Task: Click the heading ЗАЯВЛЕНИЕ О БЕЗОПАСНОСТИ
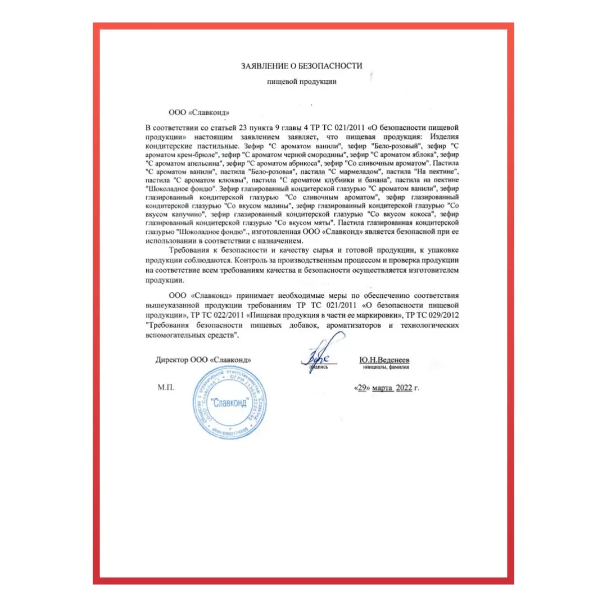click(x=302, y=66)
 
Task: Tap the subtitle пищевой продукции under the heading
click(x=302, y=81)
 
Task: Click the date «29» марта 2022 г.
click(x=387, y=388)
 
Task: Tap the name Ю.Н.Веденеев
click(x=384, y=359)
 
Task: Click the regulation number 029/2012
click(x=443, y=316)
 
